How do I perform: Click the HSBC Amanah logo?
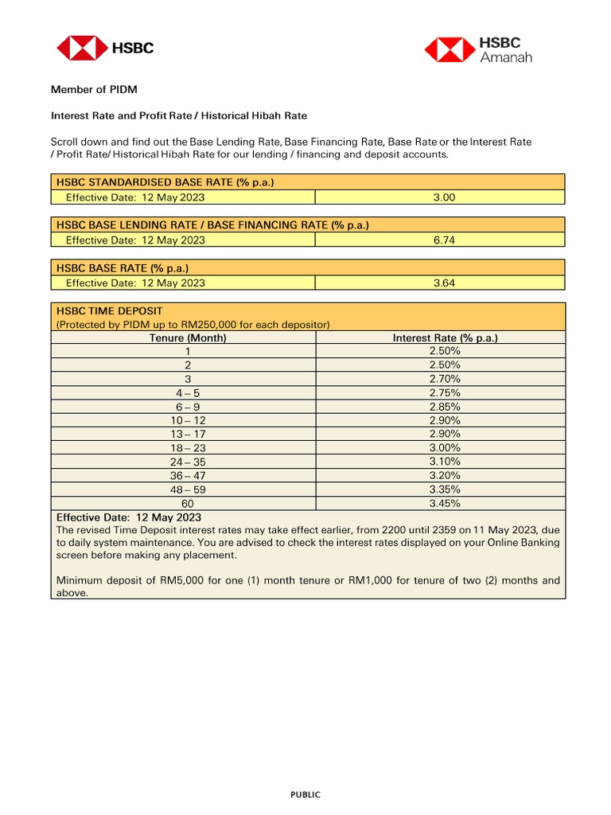tap(477, 49)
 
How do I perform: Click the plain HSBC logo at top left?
tap(104, 48)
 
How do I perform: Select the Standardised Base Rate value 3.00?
tap(444, 197)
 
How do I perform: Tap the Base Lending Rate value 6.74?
tap(444, 240)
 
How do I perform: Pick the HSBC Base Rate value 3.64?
tap(444, 283)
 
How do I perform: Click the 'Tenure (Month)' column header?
tap(188, 337)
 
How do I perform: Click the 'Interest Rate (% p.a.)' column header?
tap(445, 337)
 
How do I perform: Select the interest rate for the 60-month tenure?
tap(445, 503)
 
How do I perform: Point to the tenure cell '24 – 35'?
tap(188, 462)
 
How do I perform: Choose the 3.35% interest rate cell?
tap(445, 489)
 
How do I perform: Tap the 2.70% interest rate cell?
tap(445, 379)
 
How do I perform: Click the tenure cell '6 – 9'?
tap(188, 407)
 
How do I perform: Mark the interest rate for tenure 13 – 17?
tap(445, 434)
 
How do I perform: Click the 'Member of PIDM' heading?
tap(94, 89)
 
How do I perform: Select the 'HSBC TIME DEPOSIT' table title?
tap(109, 310)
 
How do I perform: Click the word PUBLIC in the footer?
tap(305, 794)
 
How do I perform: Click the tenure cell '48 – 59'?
tap(188, 489)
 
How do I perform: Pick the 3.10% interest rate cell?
tap(445, 462)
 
